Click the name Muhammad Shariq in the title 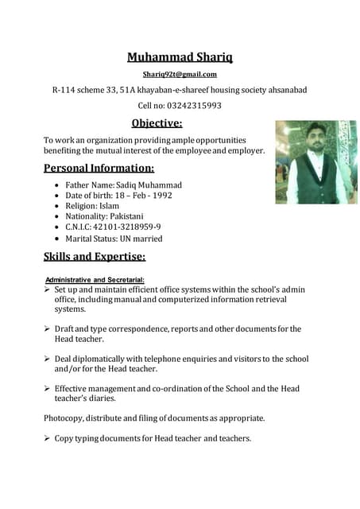(180, 56)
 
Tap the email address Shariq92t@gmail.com (180, 75)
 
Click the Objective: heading (157, 122)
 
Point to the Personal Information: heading (99, 168)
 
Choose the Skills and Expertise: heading (95, 257)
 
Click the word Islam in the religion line (109, 206)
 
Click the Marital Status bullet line (114, 239)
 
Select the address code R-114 (66, 90)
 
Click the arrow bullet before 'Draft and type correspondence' (48, 329)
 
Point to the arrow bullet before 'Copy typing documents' (48, 439)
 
